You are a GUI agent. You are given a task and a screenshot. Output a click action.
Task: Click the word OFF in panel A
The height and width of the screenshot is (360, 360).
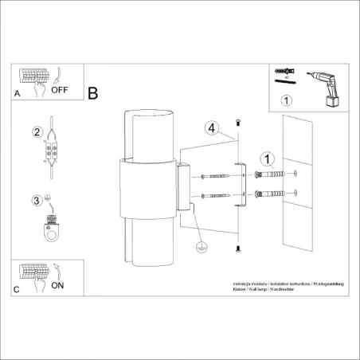pyautogui.click(x=61, y=90)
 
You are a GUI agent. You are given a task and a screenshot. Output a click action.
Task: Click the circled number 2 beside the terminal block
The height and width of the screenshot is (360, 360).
pyautogui.click(x=36, y=131)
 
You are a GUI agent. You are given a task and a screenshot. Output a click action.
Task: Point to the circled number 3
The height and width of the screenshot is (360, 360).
pyautogui.click(x=36, y=201)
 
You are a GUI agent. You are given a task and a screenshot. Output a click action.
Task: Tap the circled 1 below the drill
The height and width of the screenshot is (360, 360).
pyautogui.click(x=288, y=100)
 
